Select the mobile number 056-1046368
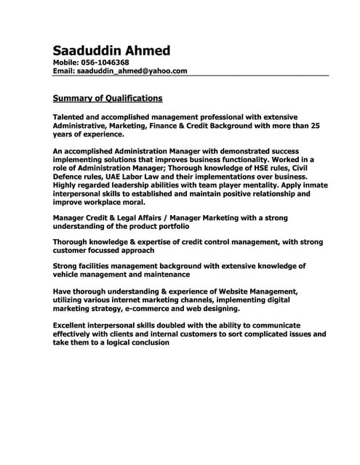(105, 63)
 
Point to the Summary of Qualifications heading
(108, 98)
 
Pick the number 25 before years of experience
(314, 126)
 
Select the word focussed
(108, 250)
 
